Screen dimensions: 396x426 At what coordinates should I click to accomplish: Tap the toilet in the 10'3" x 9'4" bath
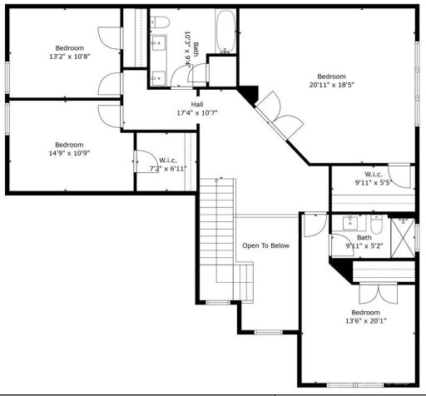(160, 21)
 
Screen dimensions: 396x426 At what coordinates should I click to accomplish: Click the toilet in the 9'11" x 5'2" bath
(375, 224)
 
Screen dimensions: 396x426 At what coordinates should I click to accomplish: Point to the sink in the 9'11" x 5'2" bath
(350, 223)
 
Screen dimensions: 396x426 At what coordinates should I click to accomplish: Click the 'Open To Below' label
(265, 245)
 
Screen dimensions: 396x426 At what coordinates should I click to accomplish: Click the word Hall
(196, 104)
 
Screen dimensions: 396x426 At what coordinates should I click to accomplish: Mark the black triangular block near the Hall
(249, 93)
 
